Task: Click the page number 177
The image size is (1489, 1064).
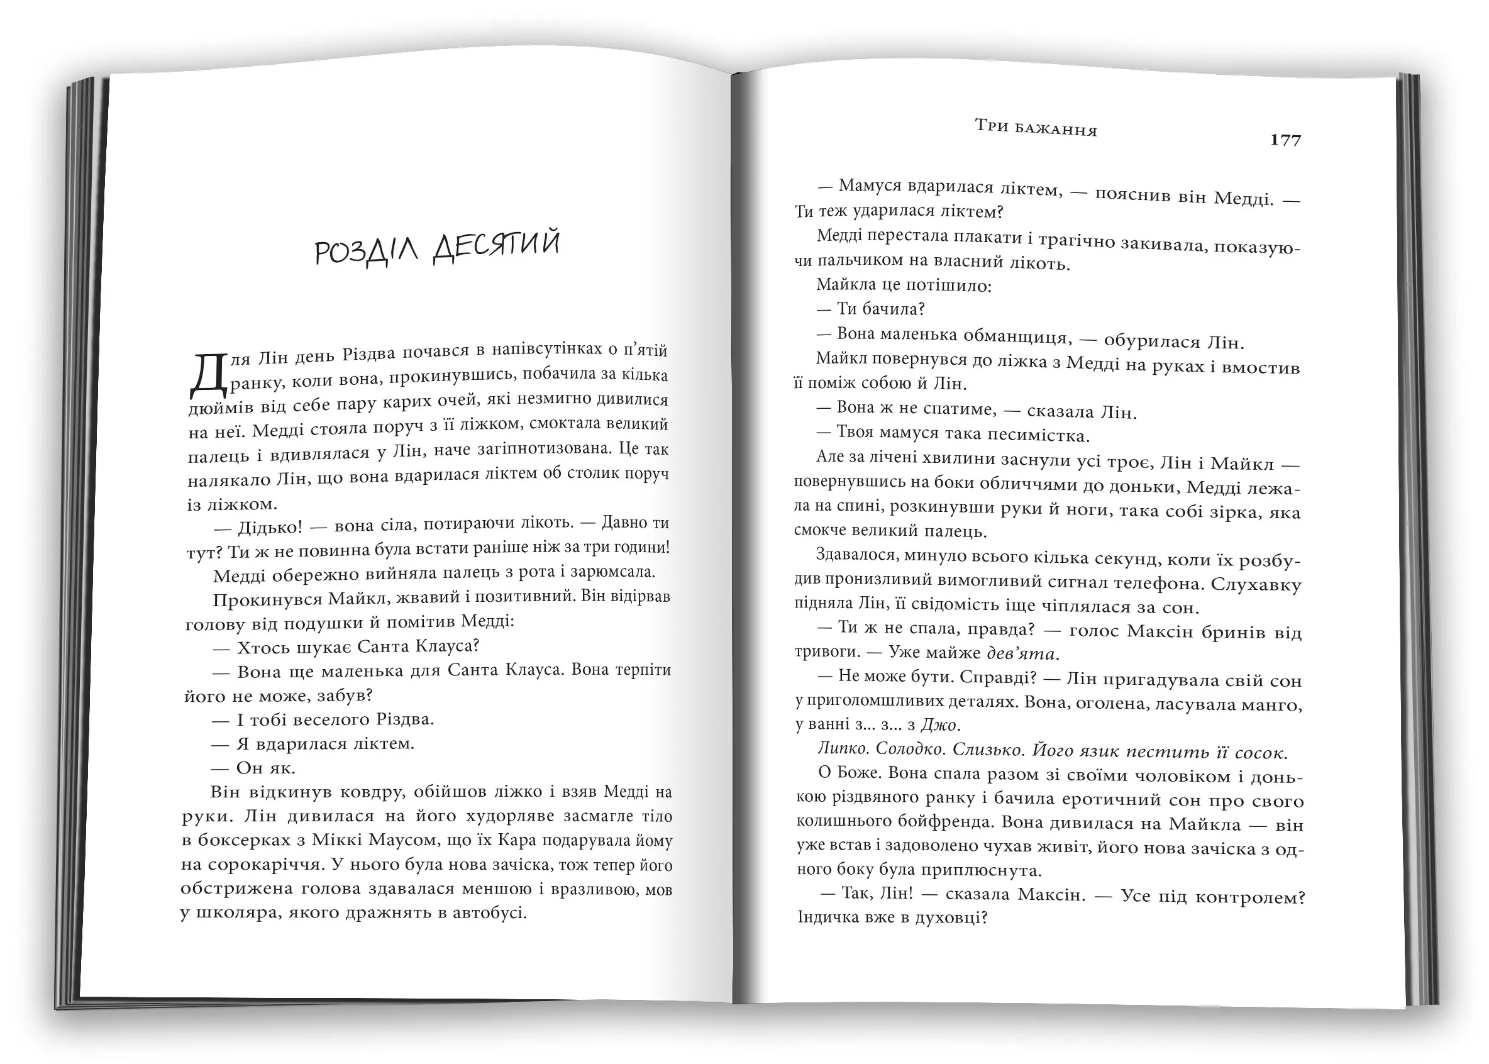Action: coord(1285,140)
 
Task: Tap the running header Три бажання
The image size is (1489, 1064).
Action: coord(1036,127)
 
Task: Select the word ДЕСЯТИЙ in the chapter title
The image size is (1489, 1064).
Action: coord(497,246)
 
